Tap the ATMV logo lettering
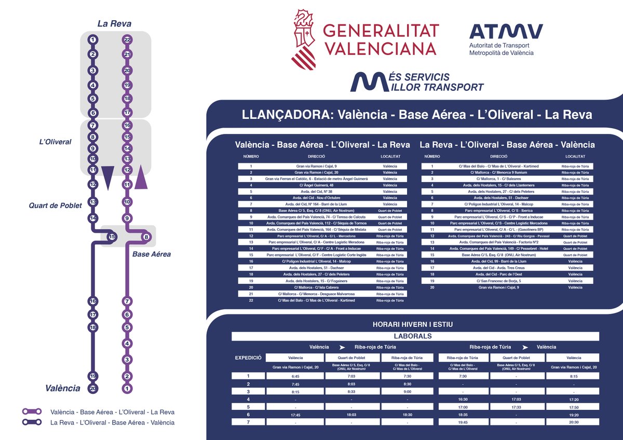coord(506,32)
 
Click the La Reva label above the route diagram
coord(114,24)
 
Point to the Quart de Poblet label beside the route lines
coord(56,205)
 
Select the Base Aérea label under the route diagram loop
coord(152,254)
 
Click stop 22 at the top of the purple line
coord(127,39)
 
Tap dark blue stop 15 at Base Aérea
coord(111,237)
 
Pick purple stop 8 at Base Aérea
coord(146,237)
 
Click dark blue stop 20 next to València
coord(93,388)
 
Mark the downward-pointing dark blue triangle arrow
coord(107,178)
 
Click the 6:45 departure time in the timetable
coord(295,376)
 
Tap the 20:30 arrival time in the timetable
coord(574,422)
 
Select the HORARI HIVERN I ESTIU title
coord(413,324)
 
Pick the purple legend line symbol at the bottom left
coord(32,411)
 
